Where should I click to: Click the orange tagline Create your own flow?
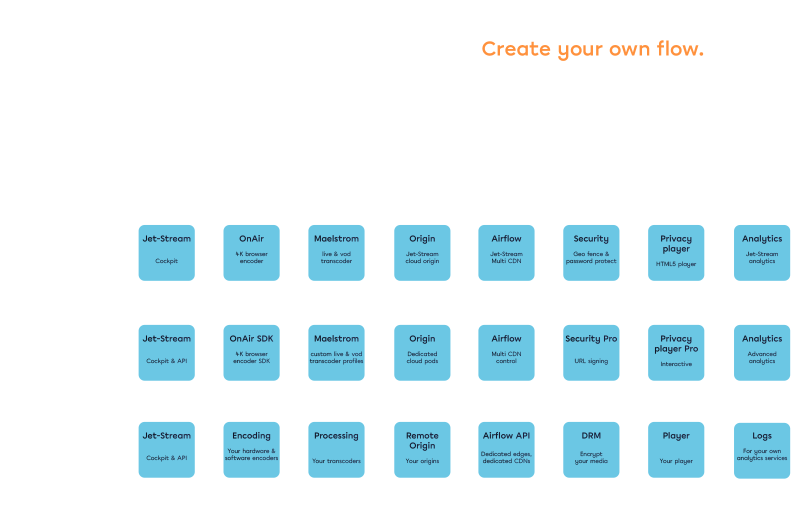coord(592,49)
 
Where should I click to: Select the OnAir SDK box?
coord(251,352)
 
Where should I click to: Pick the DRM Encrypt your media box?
coord(591,449)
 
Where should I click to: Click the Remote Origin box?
coord(422,449)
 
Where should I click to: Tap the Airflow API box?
coord(506,449)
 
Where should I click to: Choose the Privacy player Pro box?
coord(676,352)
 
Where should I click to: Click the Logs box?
coord(762,450)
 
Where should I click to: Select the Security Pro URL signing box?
coord(591,352)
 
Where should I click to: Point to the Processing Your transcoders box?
coord(336,449)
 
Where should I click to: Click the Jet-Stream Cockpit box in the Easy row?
coord(166,252)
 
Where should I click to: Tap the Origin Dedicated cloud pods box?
coord(422,352)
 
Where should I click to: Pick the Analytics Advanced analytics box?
coord(762,352)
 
